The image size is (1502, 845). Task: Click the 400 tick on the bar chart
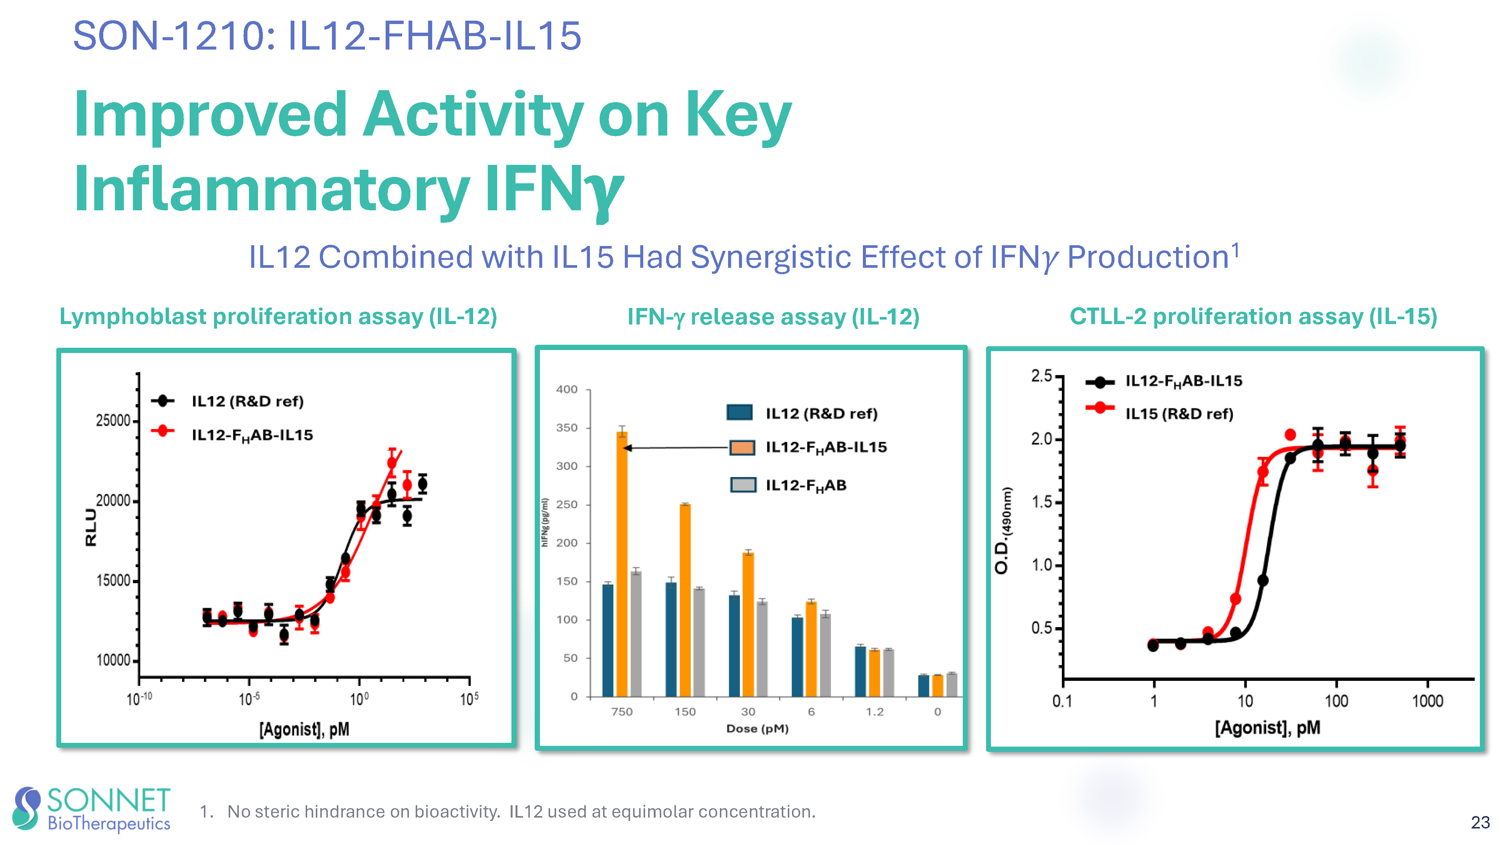[567, 389]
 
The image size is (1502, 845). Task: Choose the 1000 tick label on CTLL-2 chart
[1427, 701]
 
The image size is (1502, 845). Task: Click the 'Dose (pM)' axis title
[757, 728]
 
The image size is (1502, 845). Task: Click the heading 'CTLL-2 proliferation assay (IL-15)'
[1253, 317]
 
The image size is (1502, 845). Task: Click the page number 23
[1480, 822]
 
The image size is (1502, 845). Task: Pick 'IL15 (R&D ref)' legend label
[1179, 413]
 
